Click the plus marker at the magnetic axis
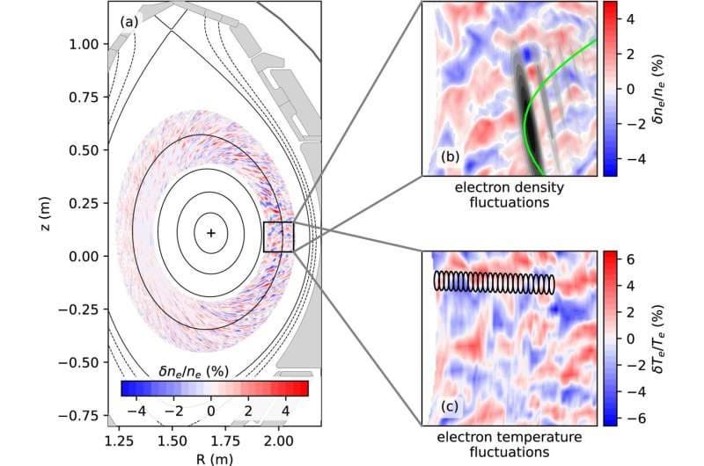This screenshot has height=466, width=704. [211, 232]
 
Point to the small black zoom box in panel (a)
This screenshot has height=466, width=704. [278, 237]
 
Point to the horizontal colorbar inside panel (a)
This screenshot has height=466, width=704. [214, 388]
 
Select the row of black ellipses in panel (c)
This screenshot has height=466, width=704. [494, 281]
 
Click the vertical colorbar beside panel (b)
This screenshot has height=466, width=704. [609, 88]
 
